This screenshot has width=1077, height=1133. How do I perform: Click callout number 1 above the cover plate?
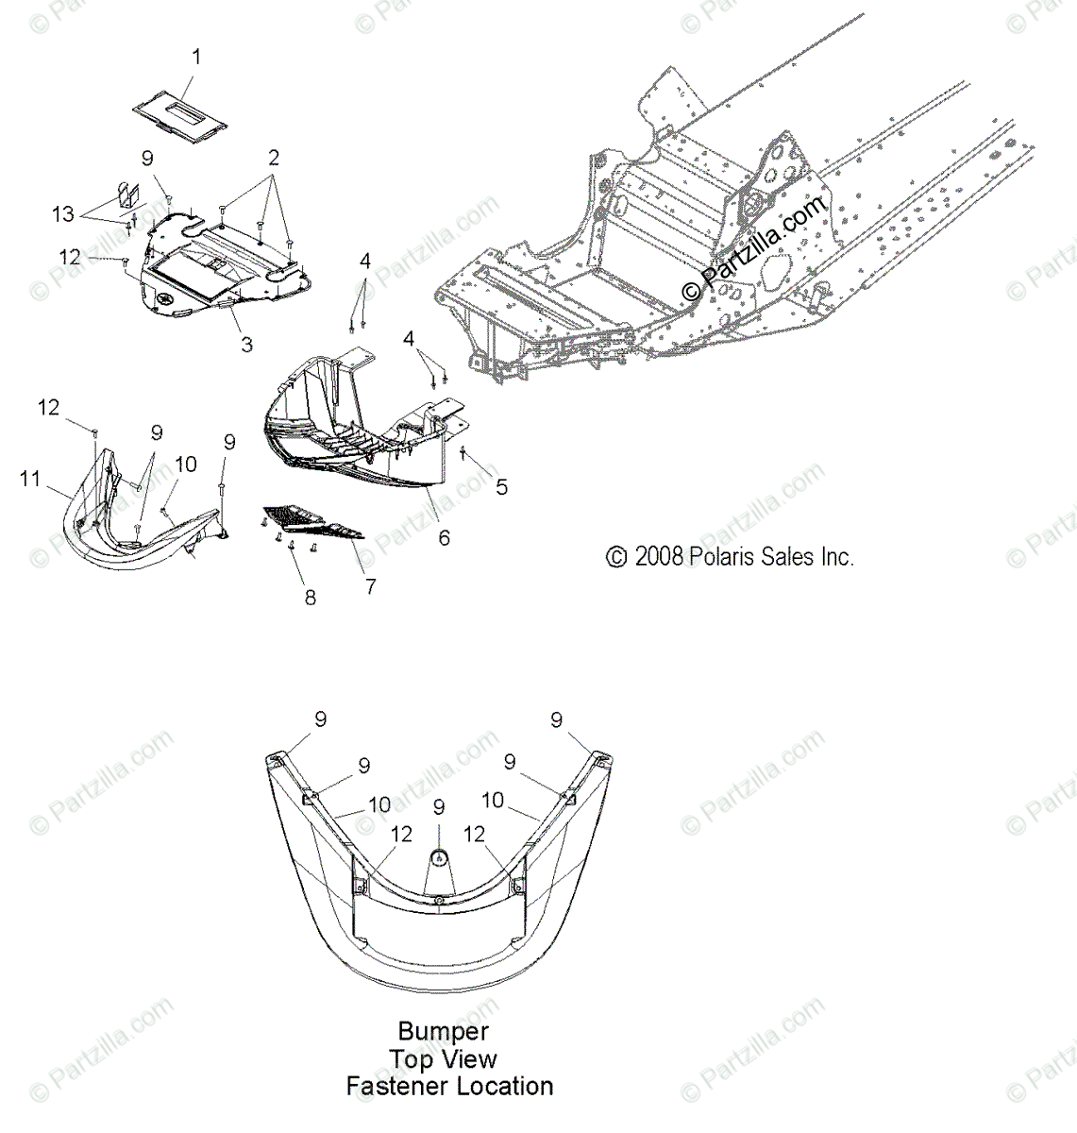point(196,58)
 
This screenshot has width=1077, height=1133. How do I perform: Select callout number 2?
point(273,157)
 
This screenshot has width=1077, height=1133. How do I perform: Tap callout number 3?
point(246,344)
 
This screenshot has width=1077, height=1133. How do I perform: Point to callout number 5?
point(502,486)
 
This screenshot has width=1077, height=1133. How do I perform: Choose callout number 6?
point(444,537)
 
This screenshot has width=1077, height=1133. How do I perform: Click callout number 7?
point(370,586)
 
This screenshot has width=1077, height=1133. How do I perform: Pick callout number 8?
point(310,597)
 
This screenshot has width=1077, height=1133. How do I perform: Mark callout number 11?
point(30,480)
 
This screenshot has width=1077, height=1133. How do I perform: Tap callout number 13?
point(63,214)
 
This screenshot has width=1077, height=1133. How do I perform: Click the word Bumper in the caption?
point(443,1030)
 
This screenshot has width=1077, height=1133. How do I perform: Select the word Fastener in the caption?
point(396,1086)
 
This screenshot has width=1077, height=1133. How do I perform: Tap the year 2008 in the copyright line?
point(659,556)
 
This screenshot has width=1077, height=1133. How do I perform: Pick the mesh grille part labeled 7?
point(311,522)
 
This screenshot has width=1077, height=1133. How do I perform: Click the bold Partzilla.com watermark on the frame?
point(754,242)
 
